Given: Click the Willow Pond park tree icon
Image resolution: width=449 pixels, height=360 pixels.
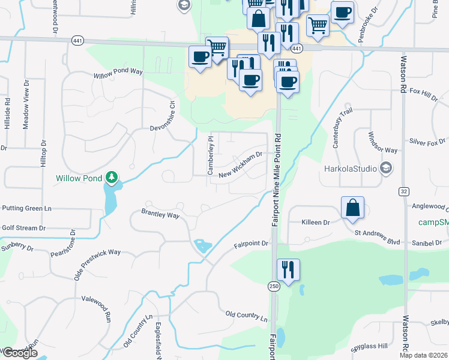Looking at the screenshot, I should click(111, 178).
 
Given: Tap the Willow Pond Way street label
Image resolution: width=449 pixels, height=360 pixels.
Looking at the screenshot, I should click(118, 74).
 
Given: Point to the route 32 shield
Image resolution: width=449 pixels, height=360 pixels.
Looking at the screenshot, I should click(404, 191).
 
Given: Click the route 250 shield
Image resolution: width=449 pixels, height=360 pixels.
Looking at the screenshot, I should click(274, 287).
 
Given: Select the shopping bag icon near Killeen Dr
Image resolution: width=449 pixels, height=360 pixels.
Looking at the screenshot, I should click(353, 208).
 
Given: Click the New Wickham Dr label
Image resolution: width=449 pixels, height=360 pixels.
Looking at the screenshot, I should click(241, 164).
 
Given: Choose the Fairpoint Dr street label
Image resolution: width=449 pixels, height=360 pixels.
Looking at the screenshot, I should click(251, 245).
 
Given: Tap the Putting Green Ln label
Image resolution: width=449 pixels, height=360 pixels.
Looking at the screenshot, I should click(27, 208).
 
